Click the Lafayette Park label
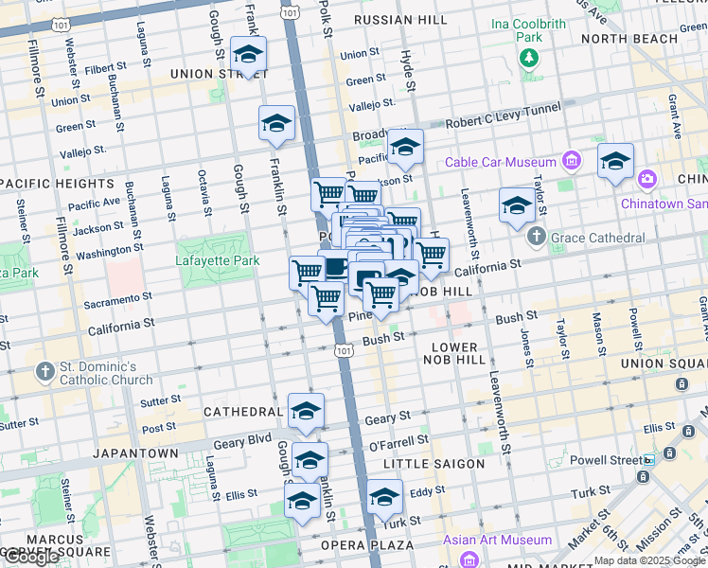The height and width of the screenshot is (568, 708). [218, 260]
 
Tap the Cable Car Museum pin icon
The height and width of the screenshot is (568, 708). [570, 161]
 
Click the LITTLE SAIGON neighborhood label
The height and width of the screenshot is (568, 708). [434, 464]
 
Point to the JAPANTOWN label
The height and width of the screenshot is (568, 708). [136, 453]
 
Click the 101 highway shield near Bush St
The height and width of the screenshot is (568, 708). [345, 351]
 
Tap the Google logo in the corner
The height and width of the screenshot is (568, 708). [31, 557]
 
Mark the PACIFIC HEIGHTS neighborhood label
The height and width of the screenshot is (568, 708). [58, 183]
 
